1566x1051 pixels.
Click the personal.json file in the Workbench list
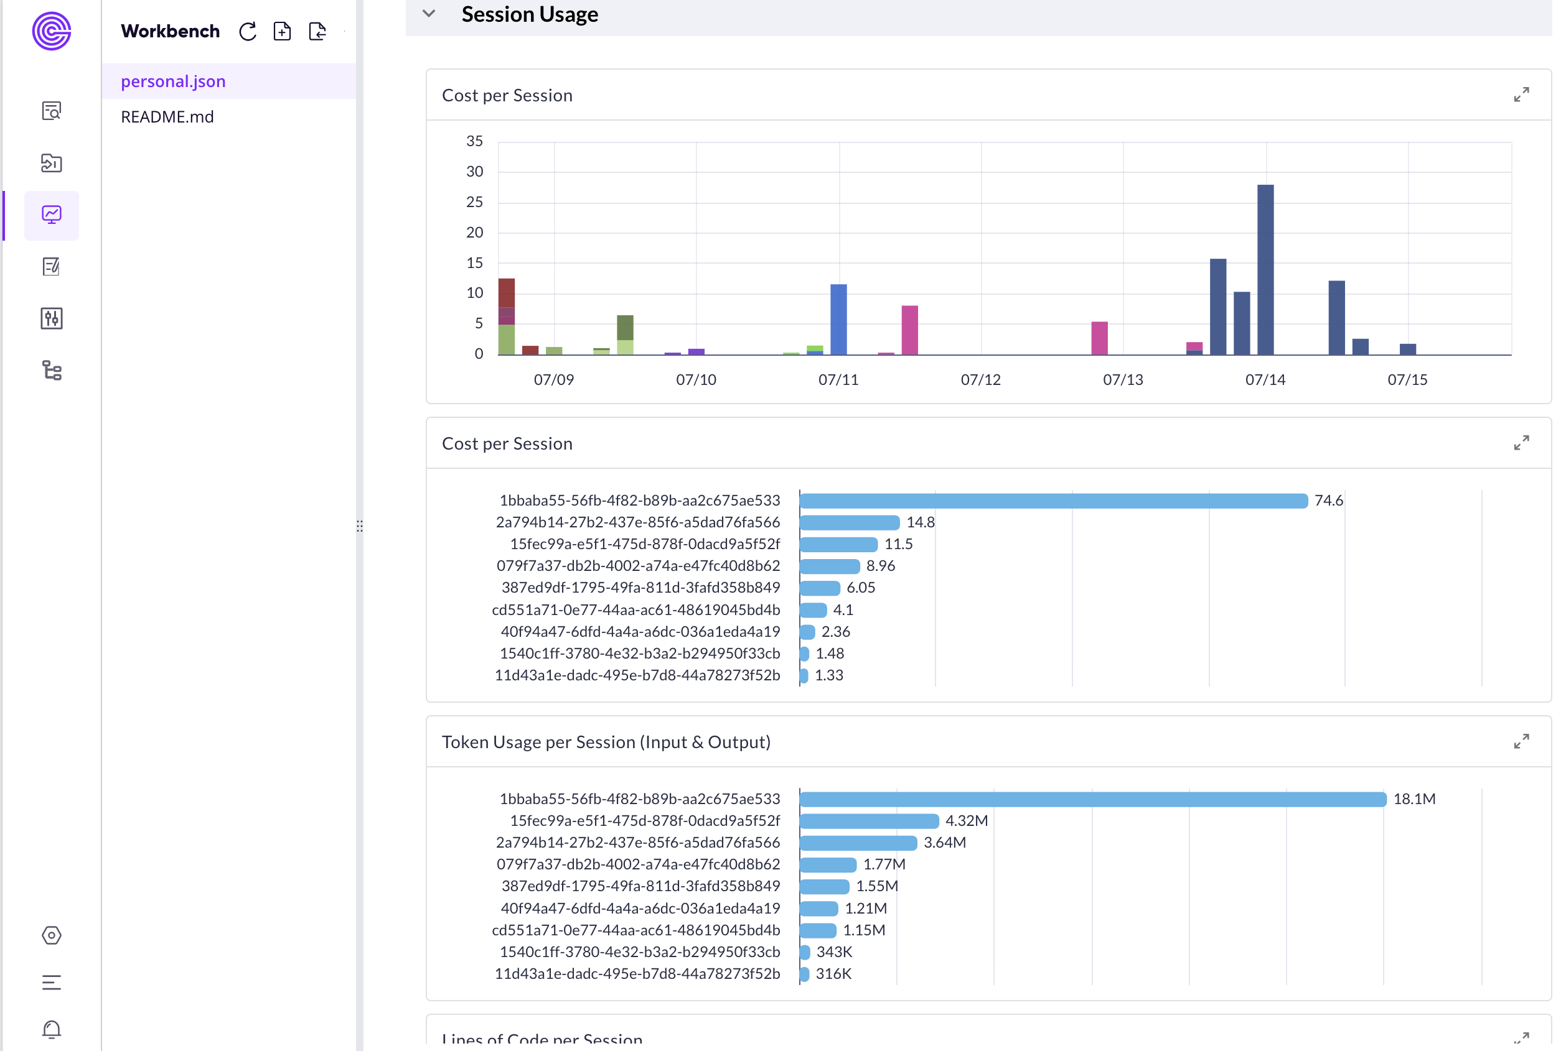click(x=173, y=81)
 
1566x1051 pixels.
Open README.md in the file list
click(x=167, y=117)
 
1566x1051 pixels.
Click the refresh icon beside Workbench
click(x=248, y=32)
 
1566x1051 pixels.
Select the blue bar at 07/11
click(x=838, y=319)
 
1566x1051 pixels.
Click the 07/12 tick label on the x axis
click(x=980, y=379)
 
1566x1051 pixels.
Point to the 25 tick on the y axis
click(x=474, y=201)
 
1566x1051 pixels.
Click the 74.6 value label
click(x=1328, y=501)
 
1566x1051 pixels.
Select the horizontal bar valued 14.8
click(x=849, y=522)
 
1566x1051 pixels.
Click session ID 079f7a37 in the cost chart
click(x=638, y=566)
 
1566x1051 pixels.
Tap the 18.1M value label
click(x=1414, y=799)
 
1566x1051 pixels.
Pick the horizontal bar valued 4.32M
click(x=868, y=820)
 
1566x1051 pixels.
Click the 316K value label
click(x=833, y=973)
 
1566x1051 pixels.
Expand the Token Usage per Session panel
click(x=1521, y=741)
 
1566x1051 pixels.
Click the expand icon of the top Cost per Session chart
click(x=1521, y=95)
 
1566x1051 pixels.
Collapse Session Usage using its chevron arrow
click(x=429, y=14)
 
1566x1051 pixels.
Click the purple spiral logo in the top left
click(x=52, y=31)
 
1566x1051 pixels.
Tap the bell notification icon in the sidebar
click(x=52, y=1029)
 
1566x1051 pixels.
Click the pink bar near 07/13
click(x=1099, y=338)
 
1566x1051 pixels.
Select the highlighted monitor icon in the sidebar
click(x=52, y=215)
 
